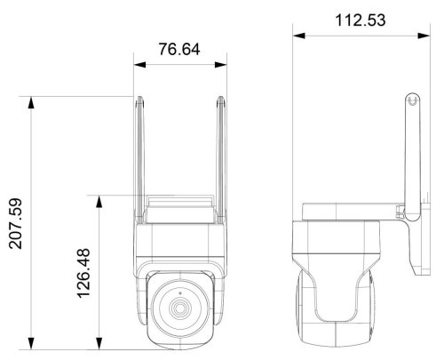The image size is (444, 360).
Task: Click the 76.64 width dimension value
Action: pos(179,49)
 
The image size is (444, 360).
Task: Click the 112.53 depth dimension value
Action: pos(361,20)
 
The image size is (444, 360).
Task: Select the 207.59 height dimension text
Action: pos(16,223)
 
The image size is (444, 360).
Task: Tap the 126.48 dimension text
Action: pos(83,273)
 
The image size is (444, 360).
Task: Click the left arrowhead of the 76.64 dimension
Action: pos(139,65)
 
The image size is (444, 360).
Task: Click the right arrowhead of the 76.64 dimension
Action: pos(221,65)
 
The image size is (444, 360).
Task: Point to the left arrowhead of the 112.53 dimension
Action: pos(299,36)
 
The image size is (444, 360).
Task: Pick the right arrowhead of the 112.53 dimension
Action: pos(424,36)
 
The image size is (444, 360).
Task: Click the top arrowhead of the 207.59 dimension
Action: pos(31,102)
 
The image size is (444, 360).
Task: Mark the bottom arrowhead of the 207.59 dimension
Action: pos(31,344)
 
